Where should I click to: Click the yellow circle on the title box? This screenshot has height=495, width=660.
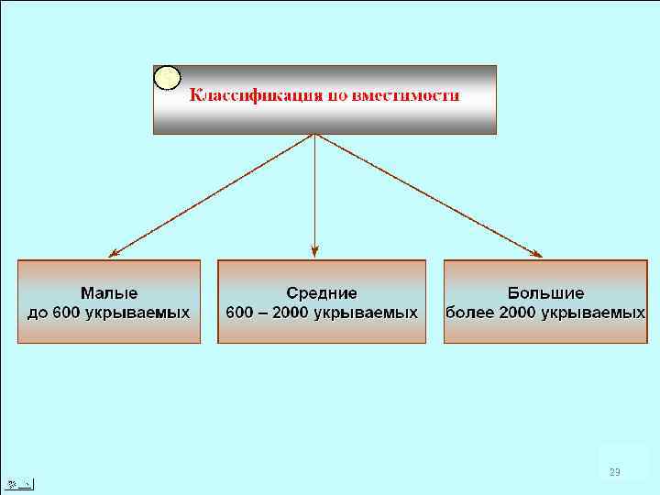[x=167, y=78]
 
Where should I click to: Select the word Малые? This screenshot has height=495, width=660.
[x=109, y=293]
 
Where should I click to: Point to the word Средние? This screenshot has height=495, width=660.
[x=321, y=293]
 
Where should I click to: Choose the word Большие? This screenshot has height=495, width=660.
[x=545, y=293]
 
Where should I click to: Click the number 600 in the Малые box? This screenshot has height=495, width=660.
[x=67, y=313]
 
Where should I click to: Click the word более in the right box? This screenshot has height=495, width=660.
[x=468, y=313]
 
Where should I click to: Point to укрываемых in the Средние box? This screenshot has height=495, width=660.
[x=365, y=313]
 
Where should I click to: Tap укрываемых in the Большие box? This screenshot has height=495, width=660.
[x=592, y=313]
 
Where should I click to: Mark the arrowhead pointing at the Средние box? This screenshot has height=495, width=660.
[x=314, y=249]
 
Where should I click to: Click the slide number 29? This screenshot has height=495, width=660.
[x=614, y=472]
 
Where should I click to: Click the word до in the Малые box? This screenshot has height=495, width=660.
[x=38, y=313]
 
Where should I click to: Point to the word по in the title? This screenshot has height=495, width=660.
[x=335, y=95]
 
